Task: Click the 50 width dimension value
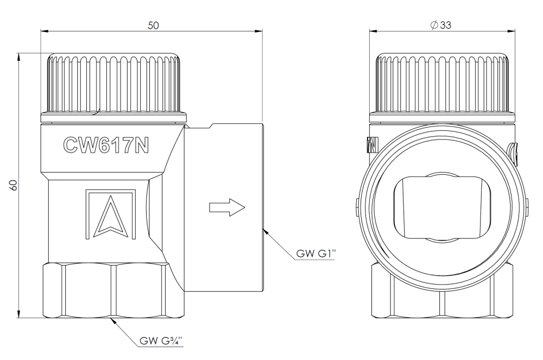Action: tap(153, 26)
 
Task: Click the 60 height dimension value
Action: tap(13, 185)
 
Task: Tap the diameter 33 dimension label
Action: tap(440, 25)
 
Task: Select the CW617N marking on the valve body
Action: tap(106, 145)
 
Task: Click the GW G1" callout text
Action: tap(316, 254)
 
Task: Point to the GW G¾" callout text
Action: tap(161, 341)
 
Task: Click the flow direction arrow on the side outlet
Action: tap(227, 207)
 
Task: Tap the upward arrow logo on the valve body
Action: tap(110, 214)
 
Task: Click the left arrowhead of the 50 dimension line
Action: tap(45, 31)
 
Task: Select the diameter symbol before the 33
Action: tap(434, 25)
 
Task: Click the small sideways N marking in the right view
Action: tap(372, 144)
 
